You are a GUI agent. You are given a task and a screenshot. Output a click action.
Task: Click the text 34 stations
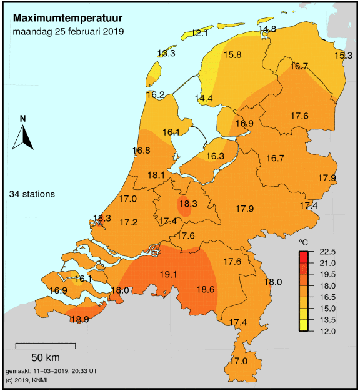[32, 194]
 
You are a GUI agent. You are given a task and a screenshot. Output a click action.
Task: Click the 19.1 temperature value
[169, 274]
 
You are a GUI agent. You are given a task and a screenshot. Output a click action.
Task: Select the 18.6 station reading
[206, 289]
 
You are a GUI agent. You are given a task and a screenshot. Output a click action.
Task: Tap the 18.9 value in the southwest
[79, 319]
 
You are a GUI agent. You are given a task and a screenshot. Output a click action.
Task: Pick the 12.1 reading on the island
[200, 33]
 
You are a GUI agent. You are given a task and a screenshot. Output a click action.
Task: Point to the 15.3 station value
[344, 56]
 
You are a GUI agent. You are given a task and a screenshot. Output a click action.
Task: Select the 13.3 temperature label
[166, 53]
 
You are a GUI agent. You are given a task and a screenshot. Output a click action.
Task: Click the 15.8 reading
[232, 55]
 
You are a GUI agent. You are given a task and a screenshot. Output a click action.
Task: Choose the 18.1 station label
[156, 176]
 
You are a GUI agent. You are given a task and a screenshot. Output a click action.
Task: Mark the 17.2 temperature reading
[128, 222]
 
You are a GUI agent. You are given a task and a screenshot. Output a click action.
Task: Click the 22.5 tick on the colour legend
[327, 252]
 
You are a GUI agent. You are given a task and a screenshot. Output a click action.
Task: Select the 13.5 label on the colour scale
[327, 319]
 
